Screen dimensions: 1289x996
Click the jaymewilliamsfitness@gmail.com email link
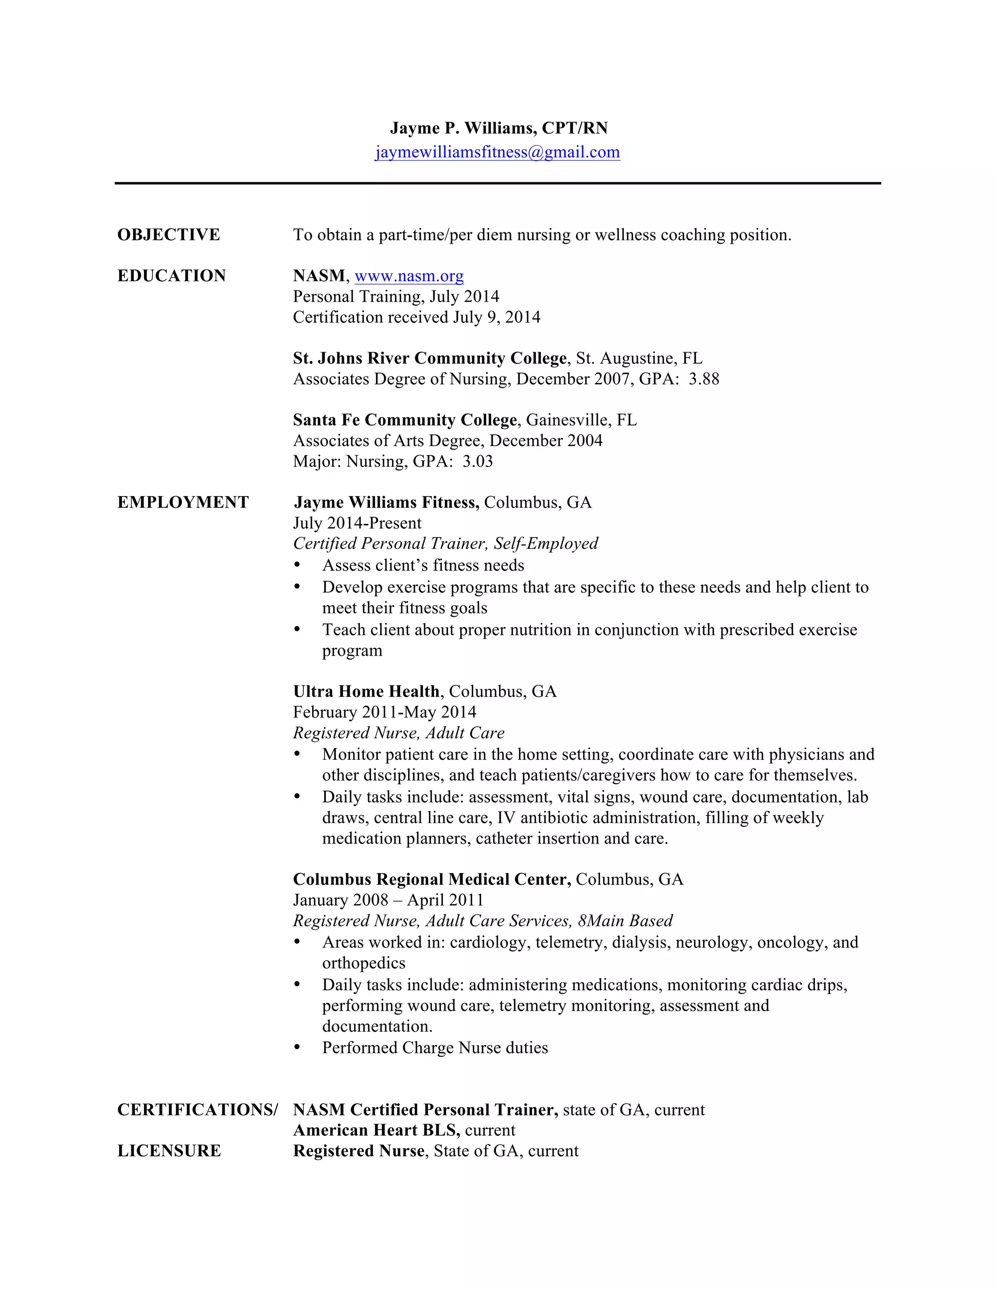coord(498,152)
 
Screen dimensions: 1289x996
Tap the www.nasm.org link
coord(409,276)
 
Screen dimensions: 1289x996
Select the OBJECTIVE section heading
coord(169,235)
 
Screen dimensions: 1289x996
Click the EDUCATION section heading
coord(172,276)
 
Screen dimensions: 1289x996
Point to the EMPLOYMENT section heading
coord(183,502)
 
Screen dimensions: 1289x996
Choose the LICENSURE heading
coord(169,1150)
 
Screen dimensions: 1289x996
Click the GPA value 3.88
coord(704,379)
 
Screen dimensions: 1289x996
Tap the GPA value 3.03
coord(478,461)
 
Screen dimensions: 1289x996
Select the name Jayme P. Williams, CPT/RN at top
coord(498,128)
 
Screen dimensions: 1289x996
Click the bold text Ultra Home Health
coord(366,691)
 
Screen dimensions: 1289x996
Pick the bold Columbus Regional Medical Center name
coord(432,879)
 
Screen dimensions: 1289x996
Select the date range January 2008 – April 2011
coord(388,900)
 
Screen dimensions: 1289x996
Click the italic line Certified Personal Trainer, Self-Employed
coord(445,544)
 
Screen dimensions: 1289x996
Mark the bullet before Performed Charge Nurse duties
coord(297,1048)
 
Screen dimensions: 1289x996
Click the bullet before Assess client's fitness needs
coord(297,565)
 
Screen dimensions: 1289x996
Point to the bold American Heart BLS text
coord(376,1130)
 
